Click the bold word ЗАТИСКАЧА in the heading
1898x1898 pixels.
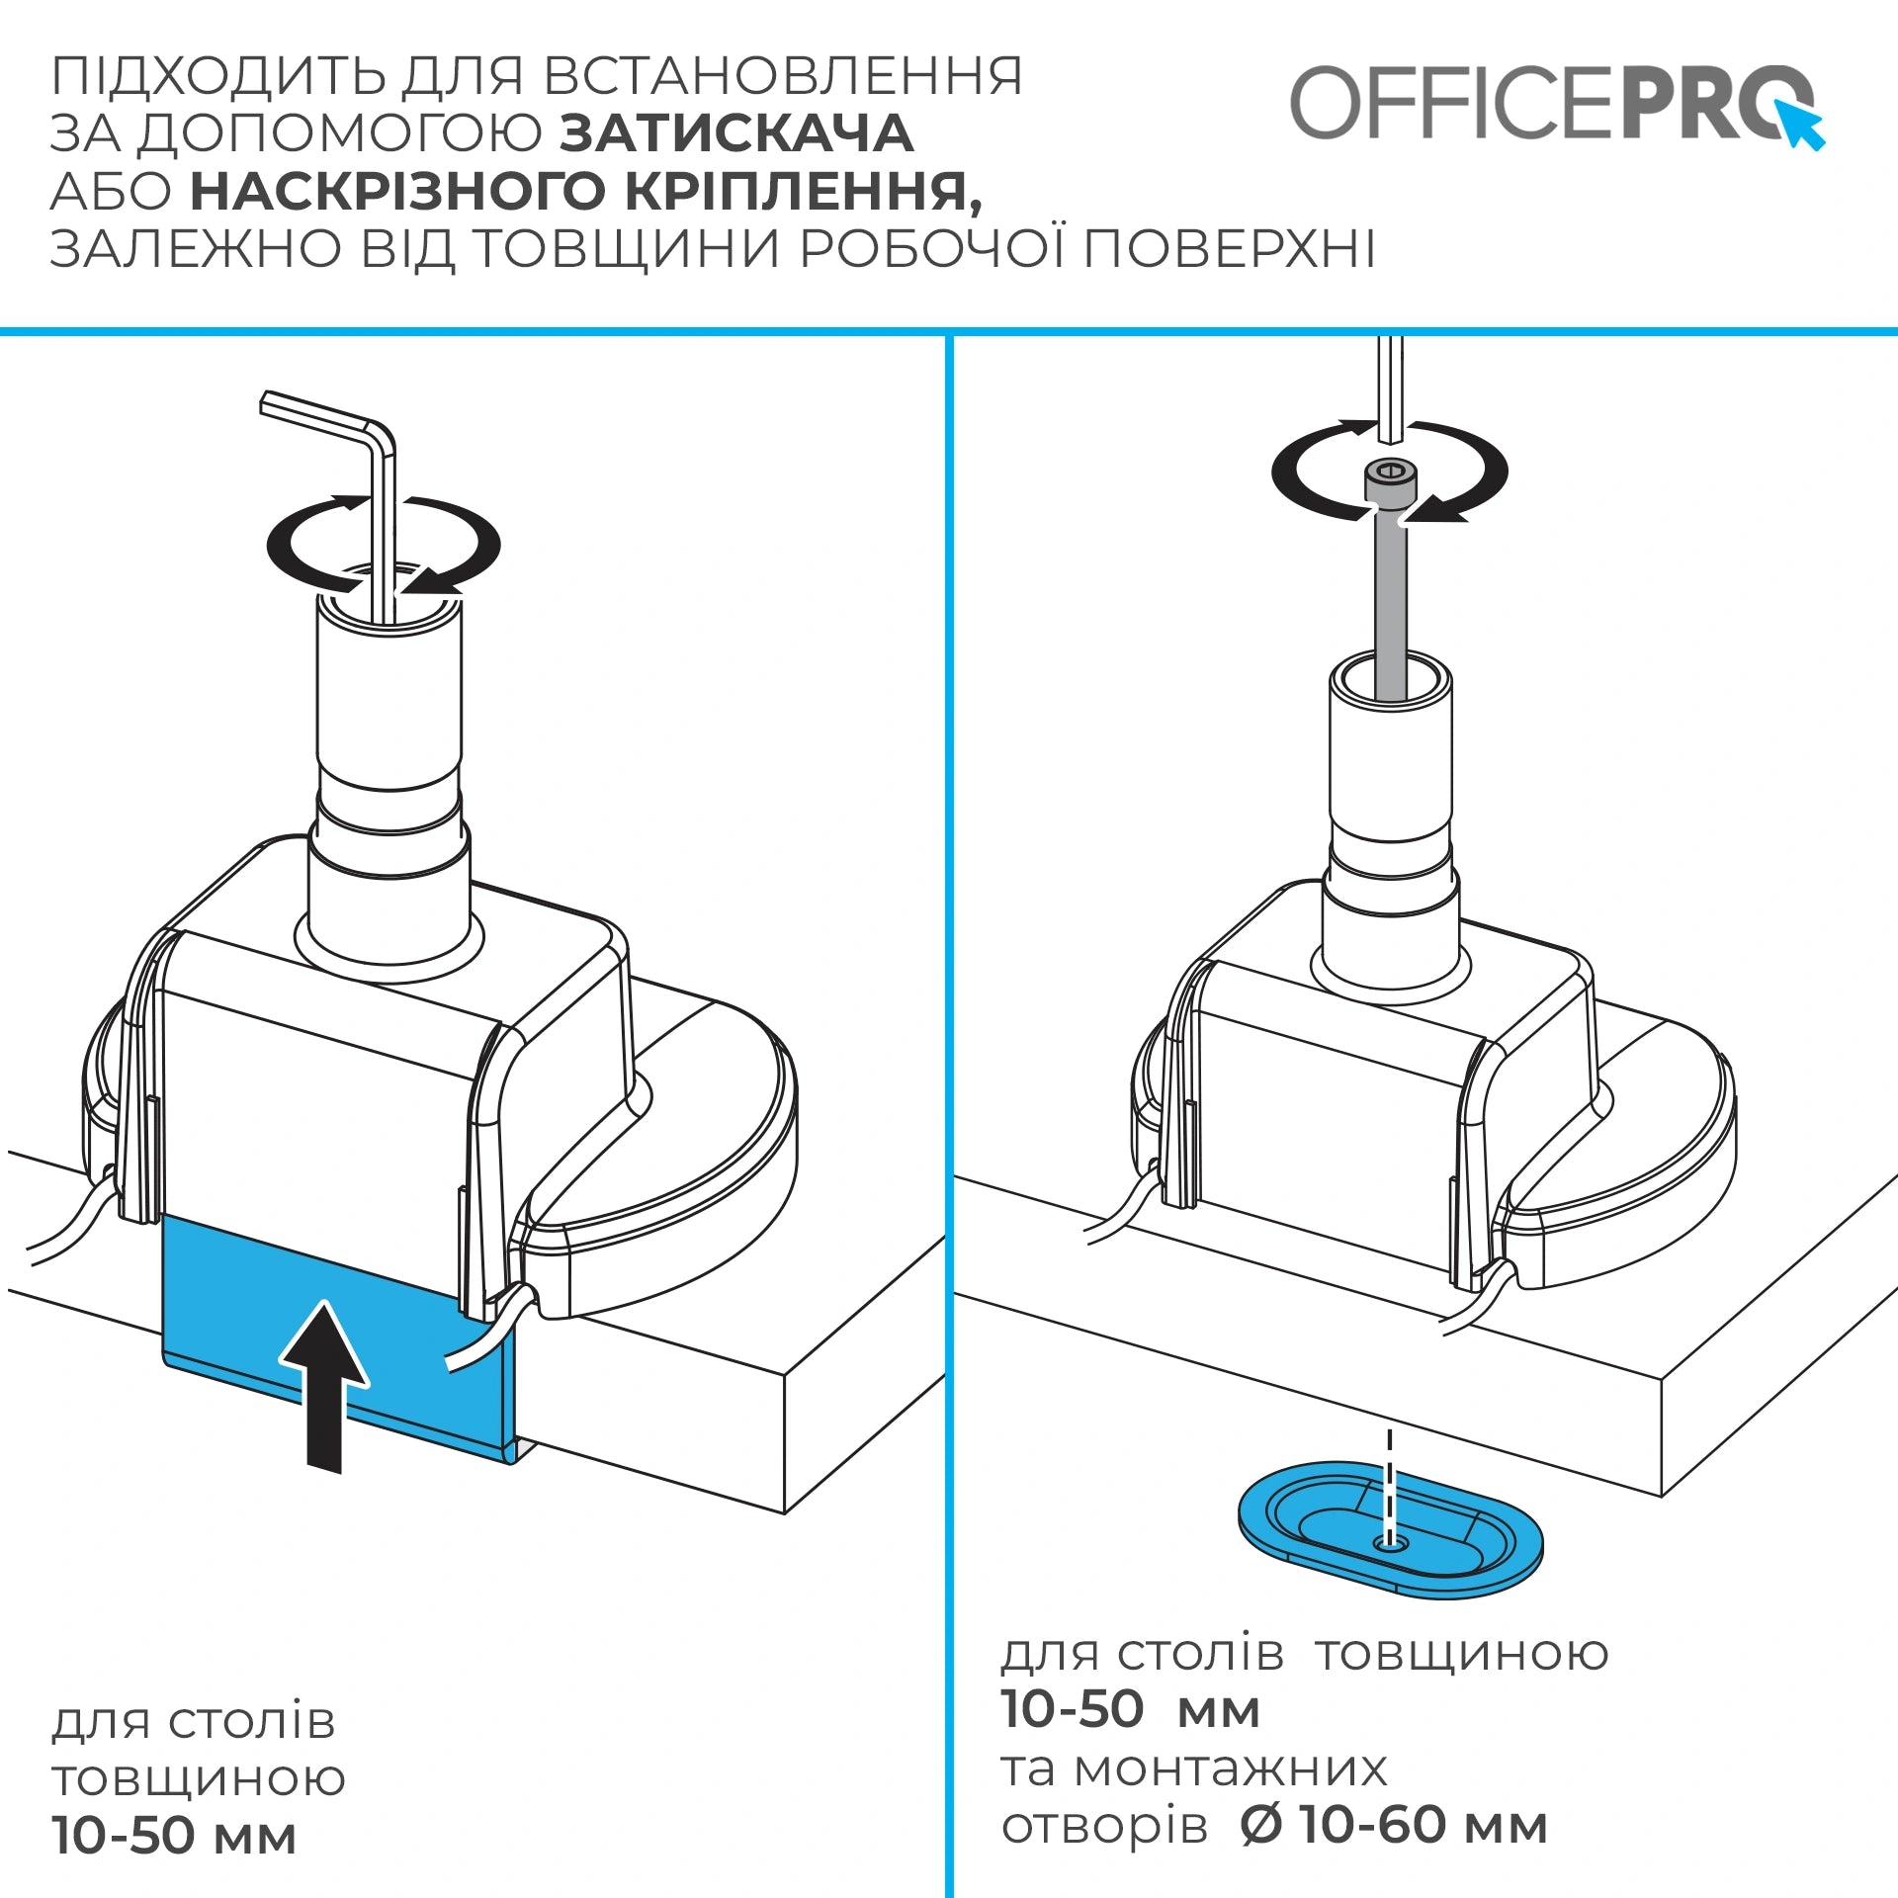coord(736,133)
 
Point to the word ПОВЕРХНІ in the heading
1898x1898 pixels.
coord(1230,248)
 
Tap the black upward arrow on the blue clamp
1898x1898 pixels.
coord(325,1387)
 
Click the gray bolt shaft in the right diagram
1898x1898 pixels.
coord(1390,603)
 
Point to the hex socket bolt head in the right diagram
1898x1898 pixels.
coord(1390,484)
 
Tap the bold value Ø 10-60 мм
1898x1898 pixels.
coord(1394,1825)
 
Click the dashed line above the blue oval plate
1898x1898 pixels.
coord(1390,1488)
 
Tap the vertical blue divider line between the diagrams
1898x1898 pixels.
coord(949,1116)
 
